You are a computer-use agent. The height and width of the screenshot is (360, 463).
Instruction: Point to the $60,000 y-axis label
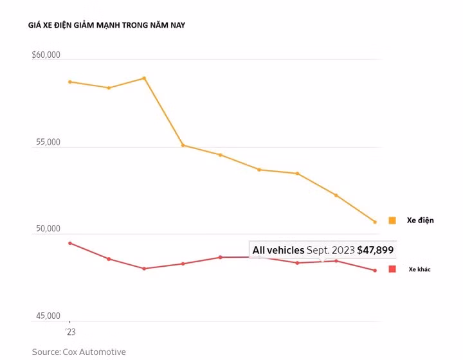pos(46,55)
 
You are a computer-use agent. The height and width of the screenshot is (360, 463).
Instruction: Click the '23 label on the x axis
pos(70,332)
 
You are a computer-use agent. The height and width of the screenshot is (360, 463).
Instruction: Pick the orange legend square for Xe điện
pos(392,221)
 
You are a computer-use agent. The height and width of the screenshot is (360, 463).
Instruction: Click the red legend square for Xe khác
pos(392,269)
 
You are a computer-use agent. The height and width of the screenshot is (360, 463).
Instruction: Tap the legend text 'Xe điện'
pos(420,221)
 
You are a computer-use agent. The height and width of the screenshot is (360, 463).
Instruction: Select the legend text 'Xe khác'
pos(419,269)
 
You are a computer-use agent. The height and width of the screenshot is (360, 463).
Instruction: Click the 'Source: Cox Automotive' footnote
pos(79,352)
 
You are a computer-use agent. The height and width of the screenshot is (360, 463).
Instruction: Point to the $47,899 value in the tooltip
pos(376,250)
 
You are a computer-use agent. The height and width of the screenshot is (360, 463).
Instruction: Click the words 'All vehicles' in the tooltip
pos(278,250)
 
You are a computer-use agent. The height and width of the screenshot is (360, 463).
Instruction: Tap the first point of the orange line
pos(70,82)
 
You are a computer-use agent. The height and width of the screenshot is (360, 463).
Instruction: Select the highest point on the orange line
pos(144,78)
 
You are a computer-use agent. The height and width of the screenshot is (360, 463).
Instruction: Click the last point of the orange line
pos(375,222)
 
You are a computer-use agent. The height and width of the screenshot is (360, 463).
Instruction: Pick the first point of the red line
pos(70,243)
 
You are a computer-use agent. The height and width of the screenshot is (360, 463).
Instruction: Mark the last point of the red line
pos(375,271)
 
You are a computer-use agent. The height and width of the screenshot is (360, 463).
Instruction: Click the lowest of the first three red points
pos(144,269)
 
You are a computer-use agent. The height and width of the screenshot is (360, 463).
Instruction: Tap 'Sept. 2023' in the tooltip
pos(331,250)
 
